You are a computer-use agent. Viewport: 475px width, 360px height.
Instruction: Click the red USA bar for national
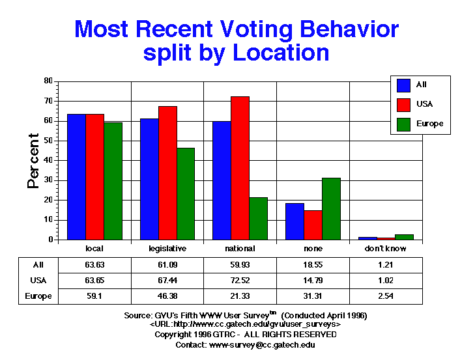(240, 168)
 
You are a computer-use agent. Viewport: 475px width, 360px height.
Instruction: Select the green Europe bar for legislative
(186, 193)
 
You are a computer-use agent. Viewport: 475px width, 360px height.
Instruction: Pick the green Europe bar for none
(331, 208)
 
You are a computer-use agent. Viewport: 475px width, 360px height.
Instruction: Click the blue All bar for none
(295, 221)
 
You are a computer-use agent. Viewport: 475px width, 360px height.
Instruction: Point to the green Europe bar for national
(258, 218)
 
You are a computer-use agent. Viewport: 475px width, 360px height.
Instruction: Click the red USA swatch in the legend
(403, 104)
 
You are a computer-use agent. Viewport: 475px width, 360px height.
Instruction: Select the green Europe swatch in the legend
(403, 124)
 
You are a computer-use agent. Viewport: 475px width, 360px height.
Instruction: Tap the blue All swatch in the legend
(403, 85)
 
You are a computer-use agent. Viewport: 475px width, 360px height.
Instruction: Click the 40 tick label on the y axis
(48, 160)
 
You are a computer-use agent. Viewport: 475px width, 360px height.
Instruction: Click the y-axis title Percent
(33, 161)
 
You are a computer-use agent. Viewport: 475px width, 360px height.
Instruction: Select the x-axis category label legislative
(168, 249)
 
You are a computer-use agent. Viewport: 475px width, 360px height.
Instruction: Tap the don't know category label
(386, 249)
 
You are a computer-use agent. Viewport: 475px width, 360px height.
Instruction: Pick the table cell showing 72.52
(240, 281)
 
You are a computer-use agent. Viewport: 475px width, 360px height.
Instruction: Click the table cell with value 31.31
(313, 296)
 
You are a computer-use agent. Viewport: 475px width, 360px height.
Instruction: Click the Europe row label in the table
(38, 296)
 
